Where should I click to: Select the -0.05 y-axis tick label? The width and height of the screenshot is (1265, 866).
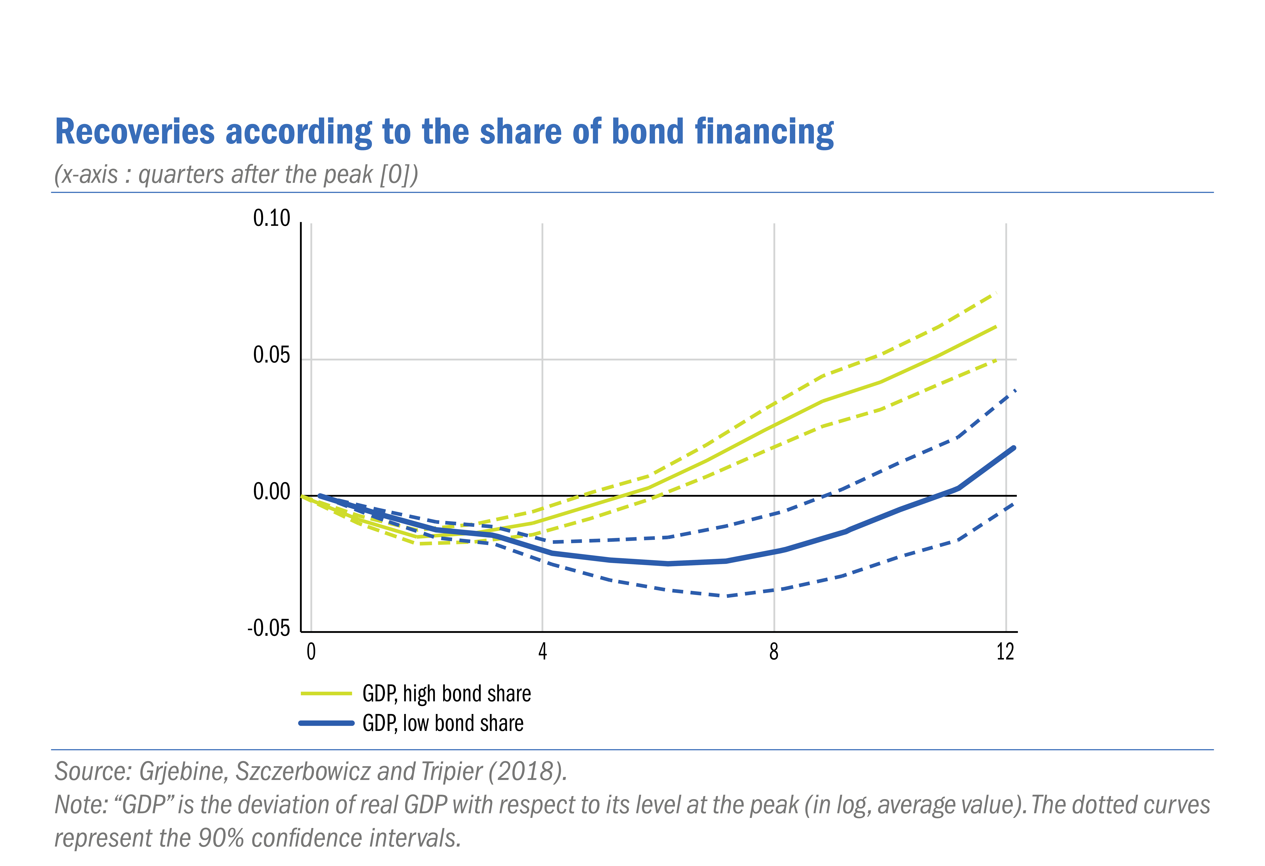[269, 629]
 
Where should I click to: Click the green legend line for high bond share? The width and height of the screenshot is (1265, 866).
[327, 693]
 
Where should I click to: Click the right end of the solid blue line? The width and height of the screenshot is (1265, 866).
[1013, 448]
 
